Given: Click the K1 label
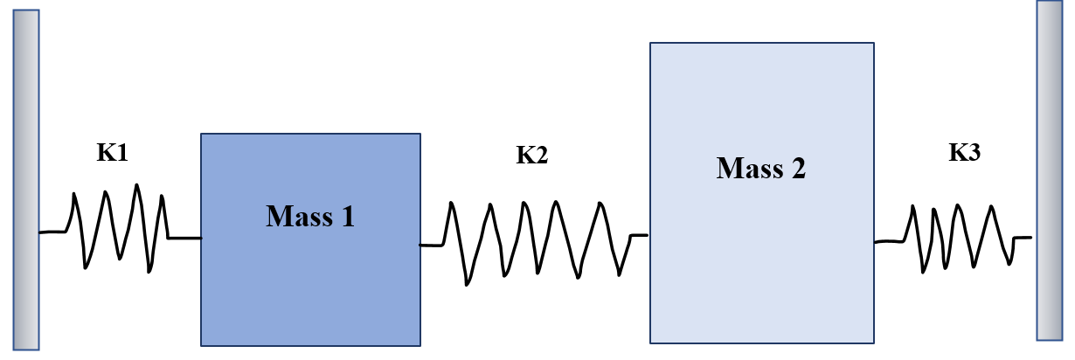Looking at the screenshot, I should point(112,153).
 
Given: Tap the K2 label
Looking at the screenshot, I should point(531,156).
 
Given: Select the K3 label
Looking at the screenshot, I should point(965,153).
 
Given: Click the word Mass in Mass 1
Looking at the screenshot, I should point(296,216).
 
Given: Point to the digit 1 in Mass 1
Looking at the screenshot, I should point(347,216).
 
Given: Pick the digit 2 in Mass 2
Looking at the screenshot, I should point(798,168).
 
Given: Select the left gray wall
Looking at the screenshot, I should point(26,179).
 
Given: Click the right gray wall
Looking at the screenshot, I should point(1049,170).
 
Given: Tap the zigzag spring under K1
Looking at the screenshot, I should point(121,229).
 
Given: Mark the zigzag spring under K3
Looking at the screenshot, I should point(957,238).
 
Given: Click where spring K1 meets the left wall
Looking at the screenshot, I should point(40,232).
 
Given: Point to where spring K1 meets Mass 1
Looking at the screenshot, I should point(200,237).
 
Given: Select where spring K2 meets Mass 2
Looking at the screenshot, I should point(649,234).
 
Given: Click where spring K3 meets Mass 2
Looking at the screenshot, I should point(875,242).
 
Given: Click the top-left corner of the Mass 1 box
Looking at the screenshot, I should point(201,134).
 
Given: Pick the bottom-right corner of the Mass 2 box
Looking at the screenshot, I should point(874,343).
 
